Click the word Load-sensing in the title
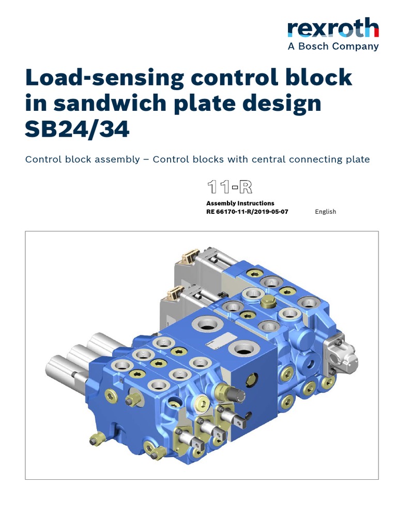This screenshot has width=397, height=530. (104, 78)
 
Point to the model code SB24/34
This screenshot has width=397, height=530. (77, 129)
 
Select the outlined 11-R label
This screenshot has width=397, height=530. (229, 187)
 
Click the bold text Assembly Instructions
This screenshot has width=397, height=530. (240, 203)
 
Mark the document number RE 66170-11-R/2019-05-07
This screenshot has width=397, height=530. (247, 212)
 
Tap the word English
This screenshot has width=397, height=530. (325, 212)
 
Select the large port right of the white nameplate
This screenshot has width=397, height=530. (242, 349)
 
